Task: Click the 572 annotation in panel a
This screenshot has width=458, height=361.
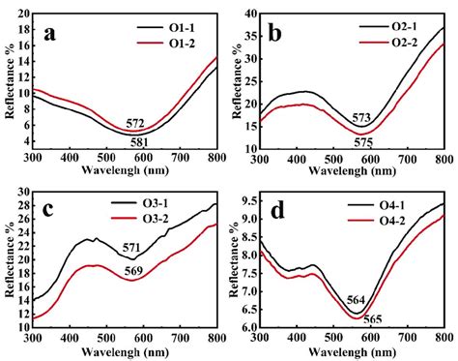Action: pyautogui.click(x=135, y=123)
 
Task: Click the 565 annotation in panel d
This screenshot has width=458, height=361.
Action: pyautogui.click(x=370, y=318)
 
